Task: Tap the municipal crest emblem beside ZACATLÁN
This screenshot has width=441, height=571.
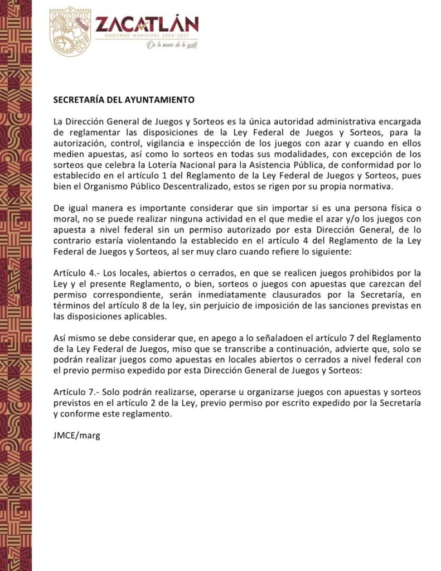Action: [70, 31]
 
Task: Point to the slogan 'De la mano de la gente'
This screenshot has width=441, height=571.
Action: [172, 45]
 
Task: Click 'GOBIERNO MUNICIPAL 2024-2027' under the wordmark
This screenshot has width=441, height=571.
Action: [147, 35]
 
